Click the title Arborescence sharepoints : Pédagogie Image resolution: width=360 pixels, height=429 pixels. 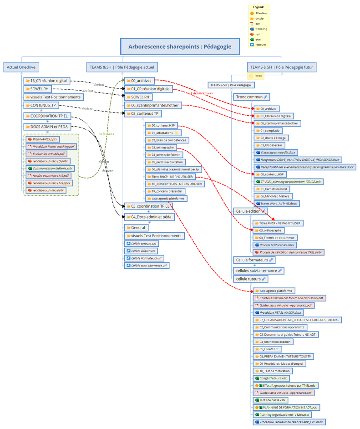(x=180, y=46)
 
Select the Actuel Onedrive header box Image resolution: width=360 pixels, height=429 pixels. (x=21, y=67)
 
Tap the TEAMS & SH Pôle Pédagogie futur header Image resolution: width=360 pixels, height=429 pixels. (x=282, y=67)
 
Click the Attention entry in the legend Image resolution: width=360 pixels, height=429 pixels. (x=261, y=13)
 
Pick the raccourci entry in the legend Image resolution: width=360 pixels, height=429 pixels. (x=260, y=45)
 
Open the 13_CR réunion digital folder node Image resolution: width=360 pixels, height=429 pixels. (x=48, y=81)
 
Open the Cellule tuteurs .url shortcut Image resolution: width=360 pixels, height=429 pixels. (x=143, y=243)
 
